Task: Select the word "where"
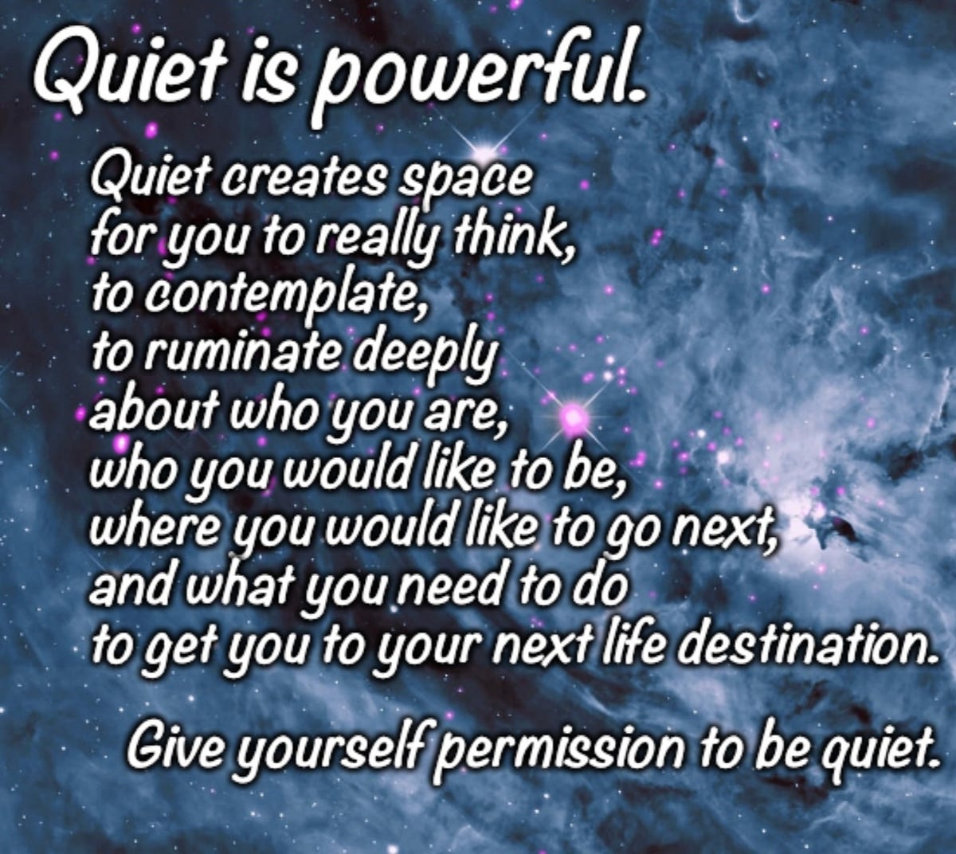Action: click(151, 526)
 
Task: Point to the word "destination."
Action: click(803, 642)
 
